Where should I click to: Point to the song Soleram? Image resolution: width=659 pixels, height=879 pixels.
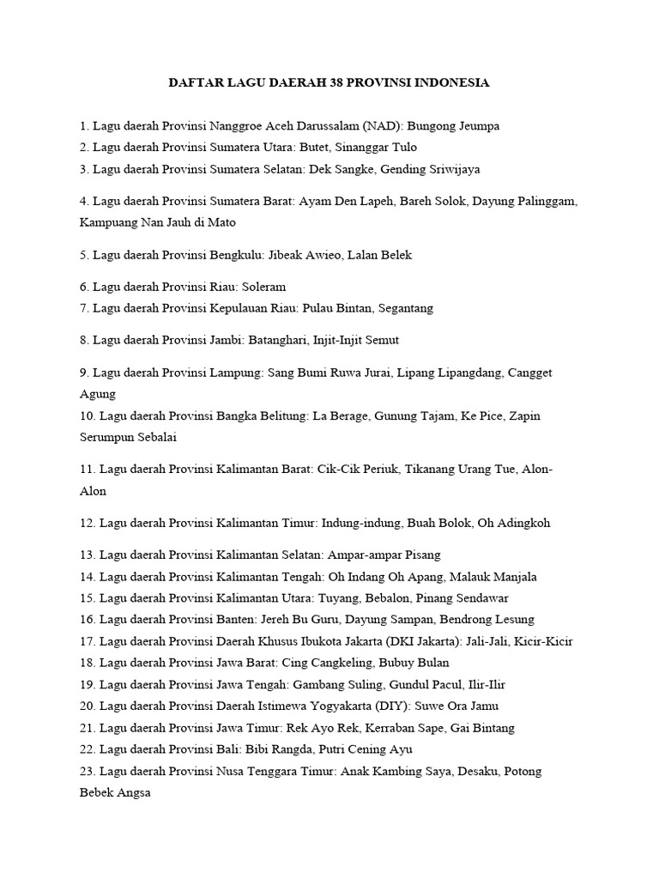pos(264,287)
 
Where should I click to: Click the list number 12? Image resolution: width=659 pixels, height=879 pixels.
pos(86,523)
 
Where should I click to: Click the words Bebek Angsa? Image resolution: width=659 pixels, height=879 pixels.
pos(115,792)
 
